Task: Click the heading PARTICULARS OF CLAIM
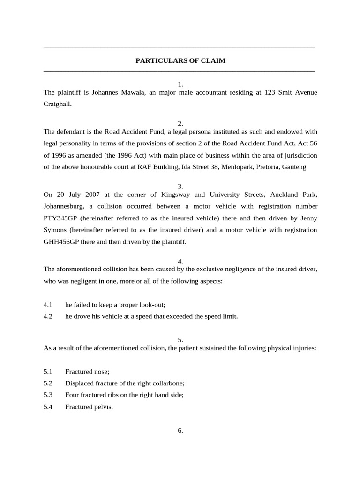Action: click(180, 61)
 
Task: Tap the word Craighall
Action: click(58, 105)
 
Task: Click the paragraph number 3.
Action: click(180, 186)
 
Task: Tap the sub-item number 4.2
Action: click(48, 316)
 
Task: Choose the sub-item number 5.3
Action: click(48, 395)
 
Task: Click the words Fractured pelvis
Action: click(89, 407)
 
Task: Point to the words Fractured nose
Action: click(87, 372)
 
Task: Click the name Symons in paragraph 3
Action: click(56, 230)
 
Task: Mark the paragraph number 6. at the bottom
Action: click(180, 431)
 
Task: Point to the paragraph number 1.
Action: click(180, 84)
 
